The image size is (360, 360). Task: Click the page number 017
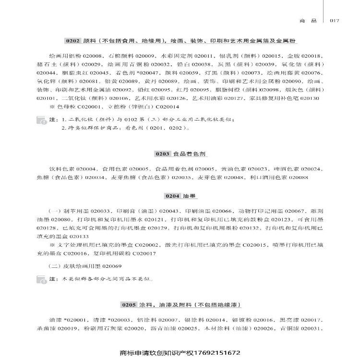[334, 21]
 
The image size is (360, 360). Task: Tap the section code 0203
[163, 154]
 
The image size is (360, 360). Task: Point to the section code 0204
[172, 196]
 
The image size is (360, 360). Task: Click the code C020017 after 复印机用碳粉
[143, 253]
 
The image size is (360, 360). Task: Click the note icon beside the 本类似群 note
[43, 279]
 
